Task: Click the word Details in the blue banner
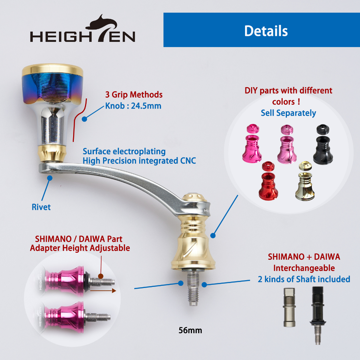pyautogui.click(x=266, y=31)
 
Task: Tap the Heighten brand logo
pyautogui.click(x=83, y=28)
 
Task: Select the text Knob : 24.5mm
pyautogui.click(x=133, y=106)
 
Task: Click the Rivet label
pyautogui.click(x=41, y=207)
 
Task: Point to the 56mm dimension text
pyautogui.click(x=190, y=330)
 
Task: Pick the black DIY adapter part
pyautogui.click(x=323, y=144)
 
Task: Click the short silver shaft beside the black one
pyautogui.click(x=289, y=307)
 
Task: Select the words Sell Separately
pyautogui.click(x=288, y=113)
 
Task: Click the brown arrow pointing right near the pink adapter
pyautogui.click(x=103, y=291)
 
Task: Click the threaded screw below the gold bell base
pyautogui.click(x=193, y=287)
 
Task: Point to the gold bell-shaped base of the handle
pyautogui.click(x=193, y=244)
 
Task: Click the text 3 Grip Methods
pyautogui.click(x=134, y=95)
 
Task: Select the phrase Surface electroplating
pyautogui.click(x=124, y=152)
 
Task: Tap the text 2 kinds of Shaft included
pyautogui.click(x=304, y=279)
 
